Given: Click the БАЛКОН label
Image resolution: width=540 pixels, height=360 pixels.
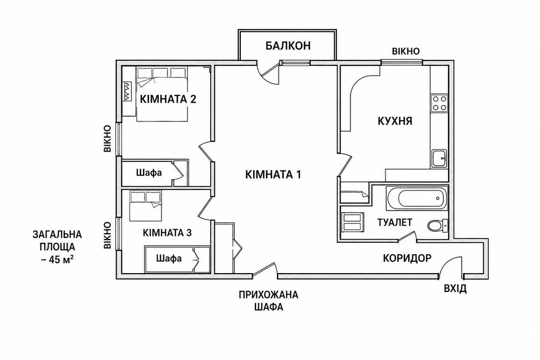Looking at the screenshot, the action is click(288, 45).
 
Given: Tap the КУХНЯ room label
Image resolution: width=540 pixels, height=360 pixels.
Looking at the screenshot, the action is click(395, 121).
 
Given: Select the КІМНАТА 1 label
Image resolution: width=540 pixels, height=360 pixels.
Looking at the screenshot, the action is click(273, 174).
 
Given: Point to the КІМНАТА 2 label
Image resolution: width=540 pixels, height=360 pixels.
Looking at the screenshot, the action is click(168, 99).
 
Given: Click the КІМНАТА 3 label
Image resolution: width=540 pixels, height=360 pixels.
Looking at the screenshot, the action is click(167, 233).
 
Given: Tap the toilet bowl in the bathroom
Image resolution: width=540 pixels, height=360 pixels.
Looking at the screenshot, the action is click(437, 226).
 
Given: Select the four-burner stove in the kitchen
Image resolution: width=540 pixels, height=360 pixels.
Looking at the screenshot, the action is click(439, 103).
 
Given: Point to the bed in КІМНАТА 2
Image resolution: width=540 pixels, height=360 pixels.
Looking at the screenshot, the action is click(162, 94).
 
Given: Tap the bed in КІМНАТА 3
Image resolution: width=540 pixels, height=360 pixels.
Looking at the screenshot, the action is click(146, 206).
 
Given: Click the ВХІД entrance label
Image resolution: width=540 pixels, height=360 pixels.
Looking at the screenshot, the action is click(455, 288).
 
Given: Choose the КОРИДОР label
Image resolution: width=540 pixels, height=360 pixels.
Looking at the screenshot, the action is click(407, 258).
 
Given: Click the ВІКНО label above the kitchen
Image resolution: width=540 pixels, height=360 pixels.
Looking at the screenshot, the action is click(406, 51).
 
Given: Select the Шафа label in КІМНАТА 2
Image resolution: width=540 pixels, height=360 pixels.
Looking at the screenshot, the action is click(149, 172).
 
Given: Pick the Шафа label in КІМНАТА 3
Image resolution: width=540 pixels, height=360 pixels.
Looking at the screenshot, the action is click(168, 258).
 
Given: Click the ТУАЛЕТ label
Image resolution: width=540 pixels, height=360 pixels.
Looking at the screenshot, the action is click(395, 222).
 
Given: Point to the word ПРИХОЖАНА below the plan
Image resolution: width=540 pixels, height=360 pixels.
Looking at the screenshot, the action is click(268, 295).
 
